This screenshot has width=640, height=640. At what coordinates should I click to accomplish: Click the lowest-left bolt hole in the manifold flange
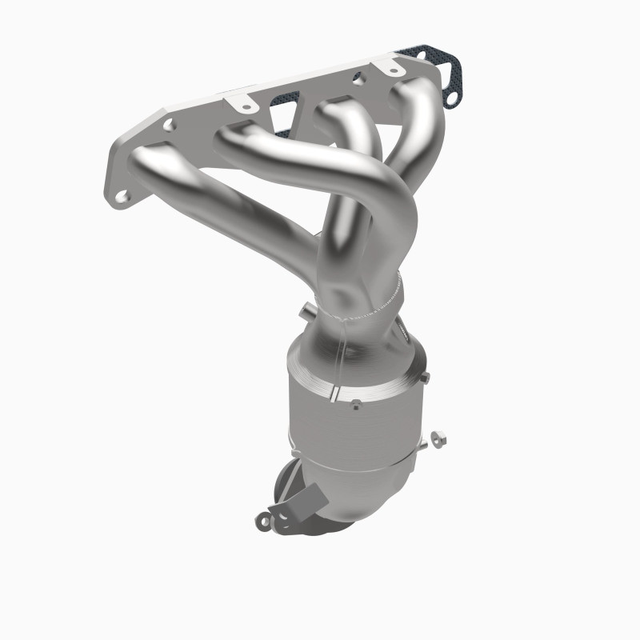coord(122,195)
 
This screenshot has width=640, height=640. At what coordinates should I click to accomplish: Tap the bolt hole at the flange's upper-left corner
coord(170,126)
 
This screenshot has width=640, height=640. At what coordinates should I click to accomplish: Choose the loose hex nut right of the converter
coord(438,438)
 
